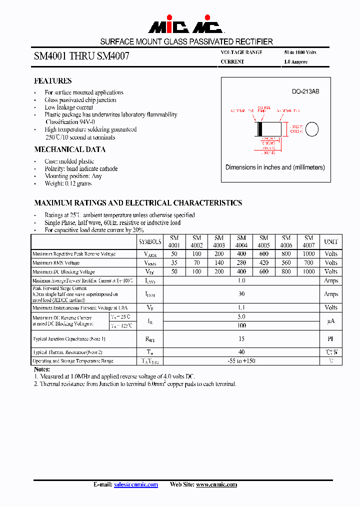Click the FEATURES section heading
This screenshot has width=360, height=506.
coord(52,80)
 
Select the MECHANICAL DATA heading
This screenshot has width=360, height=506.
coord(69,149)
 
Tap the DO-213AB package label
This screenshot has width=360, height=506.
coord(305,92)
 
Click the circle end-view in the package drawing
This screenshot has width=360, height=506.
coord(312,129)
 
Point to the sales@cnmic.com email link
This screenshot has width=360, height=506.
coord(136,484)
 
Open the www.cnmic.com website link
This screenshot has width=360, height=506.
coord(216,484)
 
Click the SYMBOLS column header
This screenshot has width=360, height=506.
coord(150,241)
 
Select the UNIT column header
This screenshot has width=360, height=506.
coord(331,241)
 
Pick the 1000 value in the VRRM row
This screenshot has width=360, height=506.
coord(309,254)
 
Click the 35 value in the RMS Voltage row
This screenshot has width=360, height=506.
coord(174,263)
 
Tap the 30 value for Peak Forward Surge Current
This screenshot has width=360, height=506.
coord(241,294)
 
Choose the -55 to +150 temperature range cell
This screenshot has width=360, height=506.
coord(241,361)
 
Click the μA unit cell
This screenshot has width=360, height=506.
coord(331,321)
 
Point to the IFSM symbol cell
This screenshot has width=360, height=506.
coord(150,294)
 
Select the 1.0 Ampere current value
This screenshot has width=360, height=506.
coord(295,62)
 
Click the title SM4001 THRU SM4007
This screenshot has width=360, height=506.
coord(81,56)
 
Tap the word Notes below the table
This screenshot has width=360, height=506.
coord(42,369)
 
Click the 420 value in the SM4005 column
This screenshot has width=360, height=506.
coord(264,263)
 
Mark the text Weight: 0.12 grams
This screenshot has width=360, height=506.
coord(68,183)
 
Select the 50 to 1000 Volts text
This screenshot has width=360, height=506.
coord(300,52)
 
